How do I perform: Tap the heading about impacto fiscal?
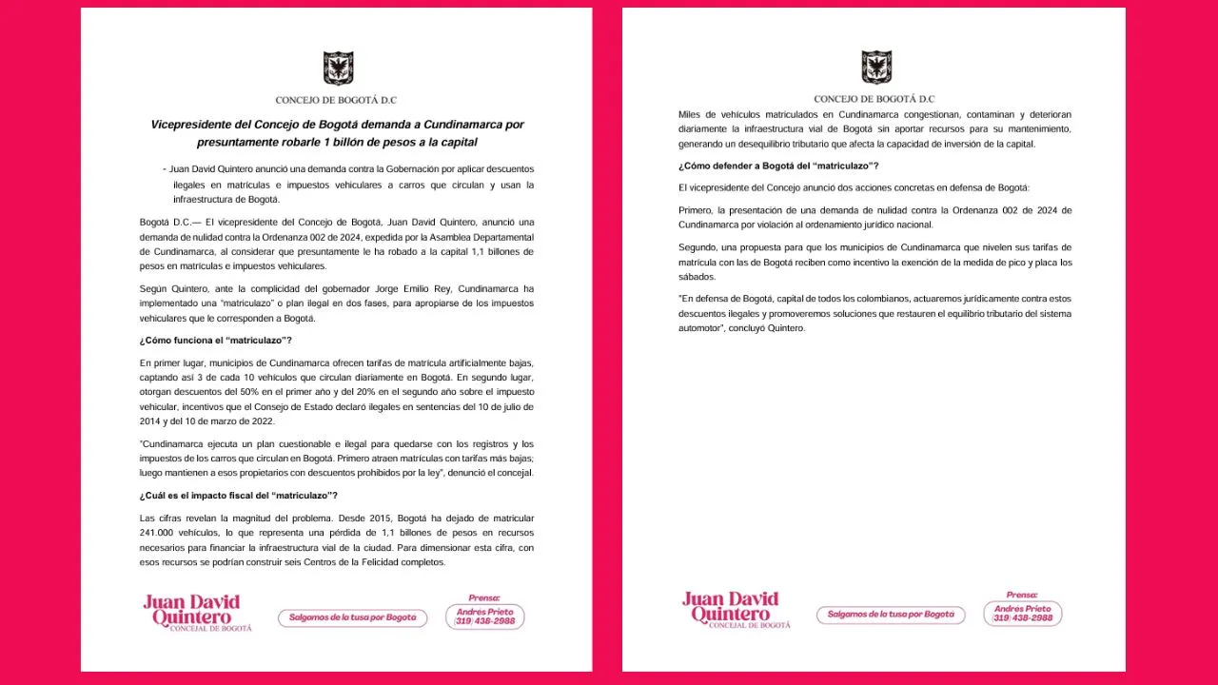[238, 495]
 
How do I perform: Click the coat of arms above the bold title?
[337, 68]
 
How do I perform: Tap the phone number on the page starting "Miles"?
[1023, 618]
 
